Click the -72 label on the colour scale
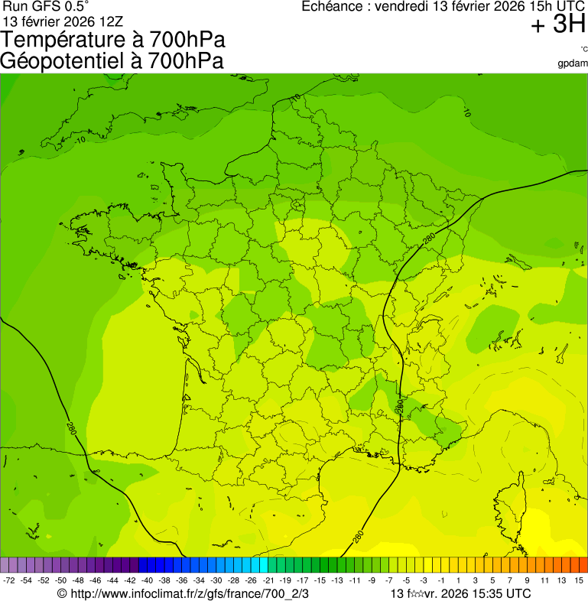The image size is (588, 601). click(10, 581)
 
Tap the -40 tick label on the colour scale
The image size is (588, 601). click(147, 581)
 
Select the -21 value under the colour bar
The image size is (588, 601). click(268, 581)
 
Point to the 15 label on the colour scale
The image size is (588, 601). click(579, 581)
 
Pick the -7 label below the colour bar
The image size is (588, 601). click(388, 581)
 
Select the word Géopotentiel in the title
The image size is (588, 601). click(64, 61)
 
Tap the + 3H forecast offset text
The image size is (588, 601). click(558, 25)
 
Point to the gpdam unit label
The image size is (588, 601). click(573, 63)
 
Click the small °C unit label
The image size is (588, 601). click(583, 49)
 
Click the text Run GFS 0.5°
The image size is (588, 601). click(46, 7)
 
